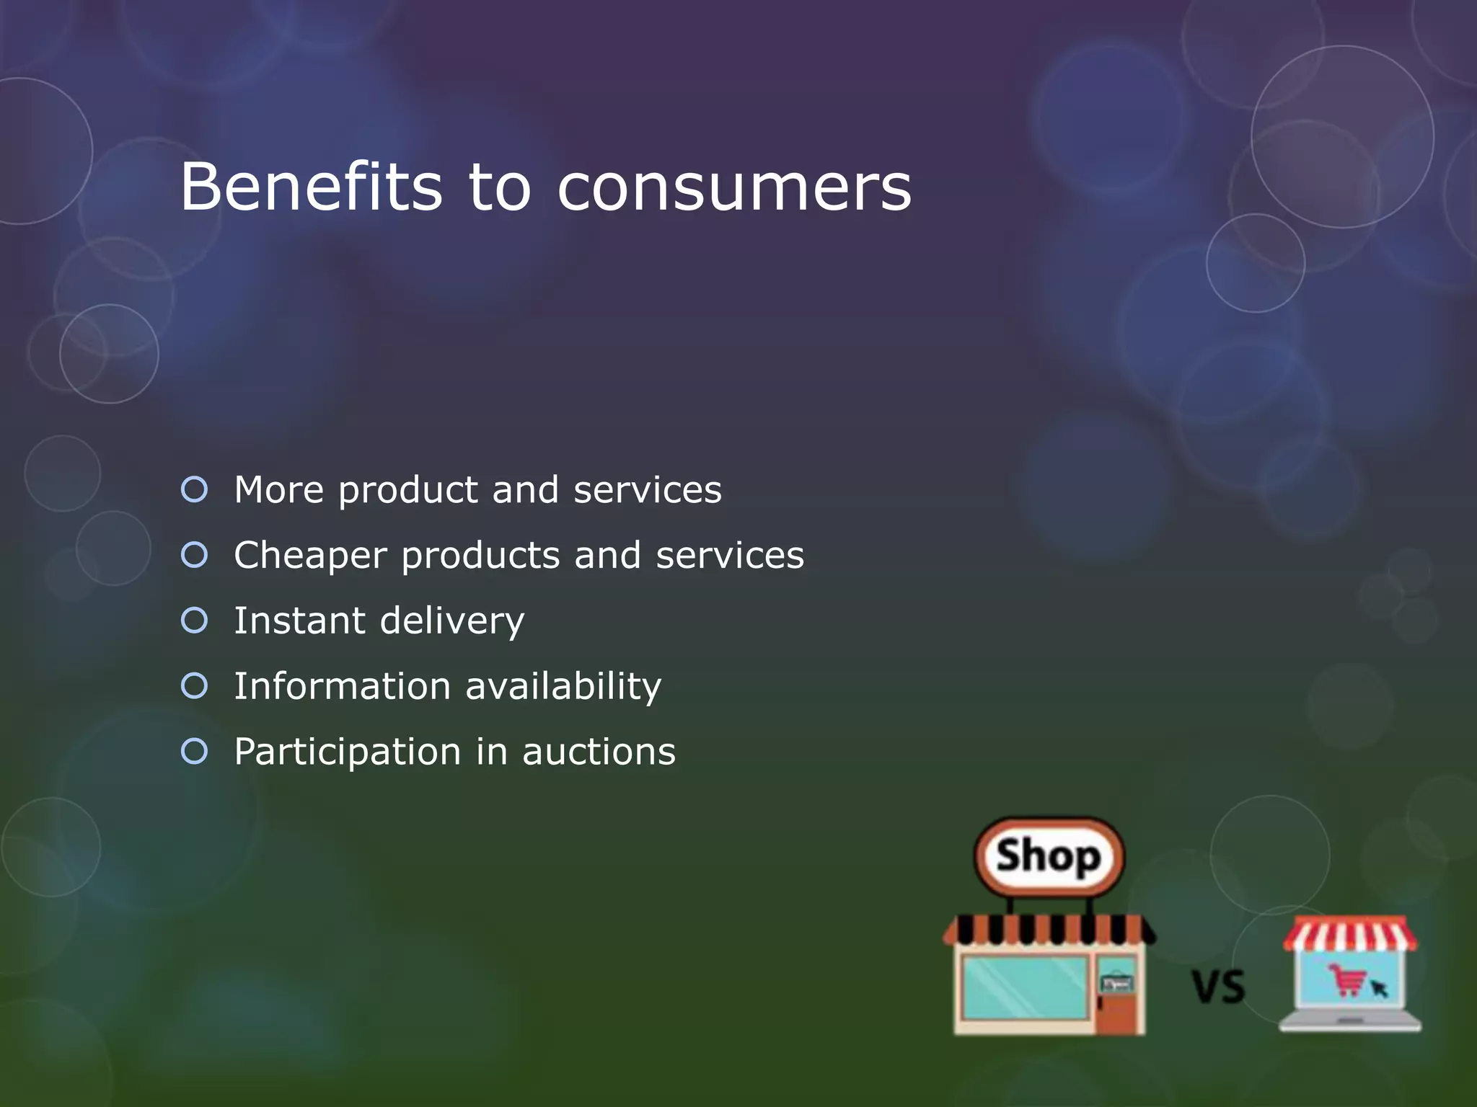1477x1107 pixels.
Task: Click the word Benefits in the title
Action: pos(311,187)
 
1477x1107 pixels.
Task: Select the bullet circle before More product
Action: pos(195,489)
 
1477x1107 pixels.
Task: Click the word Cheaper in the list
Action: pos(310,556)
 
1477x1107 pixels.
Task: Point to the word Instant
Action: pos(299,620)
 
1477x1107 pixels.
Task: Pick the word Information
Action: pos(342,685)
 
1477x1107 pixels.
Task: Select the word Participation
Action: pos(347,752)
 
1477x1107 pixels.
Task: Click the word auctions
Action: pos(599,752)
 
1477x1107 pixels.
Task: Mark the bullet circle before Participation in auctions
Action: pos(195,751)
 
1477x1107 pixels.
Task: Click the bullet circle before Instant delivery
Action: pos(195,620)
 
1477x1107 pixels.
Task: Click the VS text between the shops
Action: pos(1217,987)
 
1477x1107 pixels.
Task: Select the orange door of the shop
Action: pos(1116,998)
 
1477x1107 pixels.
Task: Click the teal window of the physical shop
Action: pos(1025,987)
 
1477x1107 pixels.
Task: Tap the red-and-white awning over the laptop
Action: pos(1349,933)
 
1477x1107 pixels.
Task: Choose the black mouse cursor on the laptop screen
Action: pos(1378,987)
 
